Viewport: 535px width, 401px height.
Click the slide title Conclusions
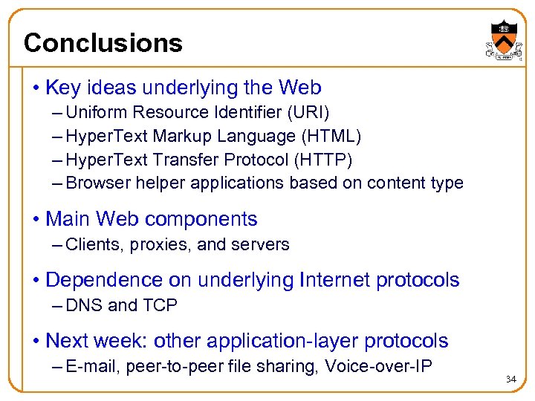(x=103, y=43)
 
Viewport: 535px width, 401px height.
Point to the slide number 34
(x=510, y=379)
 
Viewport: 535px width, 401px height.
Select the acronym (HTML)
(x=337, y=136)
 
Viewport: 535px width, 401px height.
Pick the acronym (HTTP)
(x=328, y=160)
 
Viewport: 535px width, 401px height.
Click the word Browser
(x=96, y=183)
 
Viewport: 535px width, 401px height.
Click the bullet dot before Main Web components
(x=36, y=220)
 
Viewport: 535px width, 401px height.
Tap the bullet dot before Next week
(x=36, y=342)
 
